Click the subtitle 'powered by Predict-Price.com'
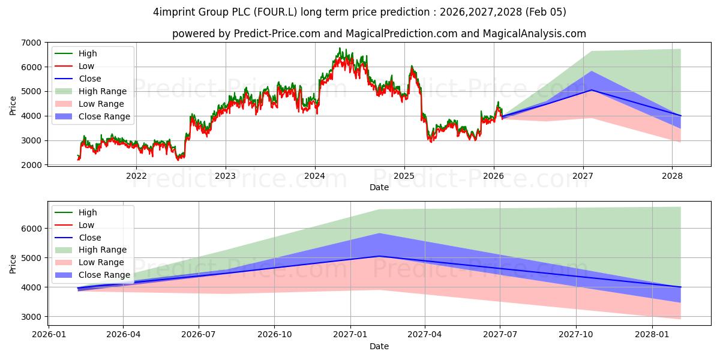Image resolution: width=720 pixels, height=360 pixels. (x=379, y=34)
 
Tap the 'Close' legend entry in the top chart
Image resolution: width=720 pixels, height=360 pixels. (x=90, y=79)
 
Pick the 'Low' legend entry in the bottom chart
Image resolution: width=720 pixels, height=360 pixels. (x=86, y=225)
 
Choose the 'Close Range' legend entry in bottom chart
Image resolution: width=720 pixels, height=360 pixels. (x=104, y=275)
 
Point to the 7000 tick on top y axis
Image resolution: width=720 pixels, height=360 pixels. (x=31, y=43)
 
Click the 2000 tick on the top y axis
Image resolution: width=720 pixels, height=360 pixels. (x=31, y=165)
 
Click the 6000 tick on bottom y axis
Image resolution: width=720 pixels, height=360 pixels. (x=31, y=229)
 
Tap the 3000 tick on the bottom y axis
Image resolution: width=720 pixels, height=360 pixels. (x=31, y=317)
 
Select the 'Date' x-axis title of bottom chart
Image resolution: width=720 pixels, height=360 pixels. (x=379, y=346)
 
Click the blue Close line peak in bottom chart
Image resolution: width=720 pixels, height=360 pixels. (x=379, y=256)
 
